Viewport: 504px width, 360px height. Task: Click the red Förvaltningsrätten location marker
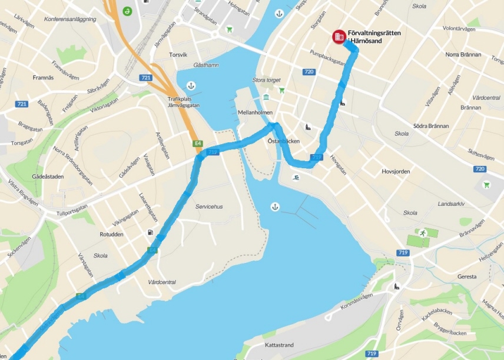tap(339, 36)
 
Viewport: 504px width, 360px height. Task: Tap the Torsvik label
tap(178, 55)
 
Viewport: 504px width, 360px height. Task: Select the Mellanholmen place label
tap(254, 112)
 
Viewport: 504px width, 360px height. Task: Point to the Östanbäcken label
tap(284, 142)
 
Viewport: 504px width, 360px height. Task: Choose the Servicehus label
tap(209, 207)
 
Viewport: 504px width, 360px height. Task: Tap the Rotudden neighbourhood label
tap(111, 234)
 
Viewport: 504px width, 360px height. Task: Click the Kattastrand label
tap(279, 345)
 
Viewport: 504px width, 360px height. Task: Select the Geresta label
tap(467, 276)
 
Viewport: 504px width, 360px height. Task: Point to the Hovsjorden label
tap(396, 171)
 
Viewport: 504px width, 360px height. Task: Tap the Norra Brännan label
tap(463, 55)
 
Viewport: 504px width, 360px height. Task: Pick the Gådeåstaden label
tap(47, 176)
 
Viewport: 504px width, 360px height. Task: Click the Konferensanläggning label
tap(70, 19)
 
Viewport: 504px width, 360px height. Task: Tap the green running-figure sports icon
tap(422, 234)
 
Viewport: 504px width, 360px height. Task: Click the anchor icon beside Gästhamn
tap(190, 86)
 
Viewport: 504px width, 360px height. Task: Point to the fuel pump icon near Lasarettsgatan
tap(151, 232)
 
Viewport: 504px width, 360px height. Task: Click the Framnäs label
tap(43, 77)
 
